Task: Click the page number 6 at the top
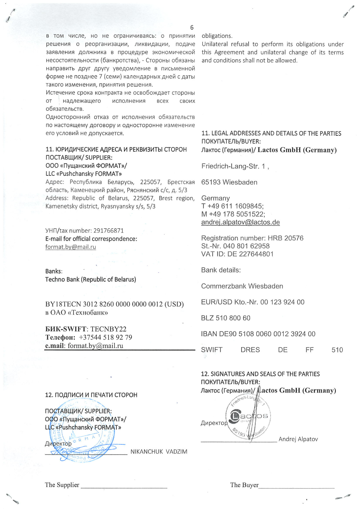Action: tap(192, 27)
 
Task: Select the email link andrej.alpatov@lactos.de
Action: tap(241, 222)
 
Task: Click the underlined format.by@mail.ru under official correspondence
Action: tap(71, 247)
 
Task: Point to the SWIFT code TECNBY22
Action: tap(108, 329)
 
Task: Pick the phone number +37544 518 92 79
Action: tap(106, 337)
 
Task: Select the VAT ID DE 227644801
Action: tap(250, 254)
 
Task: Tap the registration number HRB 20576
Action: tap(286, 238)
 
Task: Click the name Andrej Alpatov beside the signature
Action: tap(298, 439)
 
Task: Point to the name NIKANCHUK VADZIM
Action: tap(159, 452)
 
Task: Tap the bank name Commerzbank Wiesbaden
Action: tap(242, 286)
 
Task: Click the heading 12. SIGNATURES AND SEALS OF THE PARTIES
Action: tap(260, 374)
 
